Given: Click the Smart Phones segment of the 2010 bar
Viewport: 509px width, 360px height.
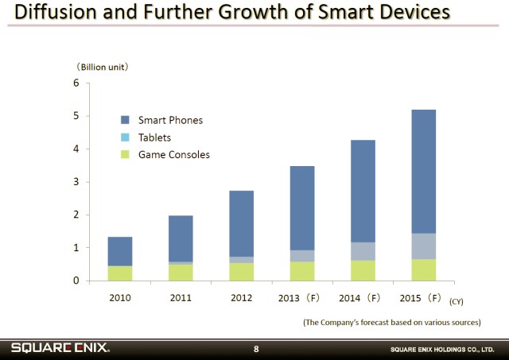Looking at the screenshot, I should point(120,251).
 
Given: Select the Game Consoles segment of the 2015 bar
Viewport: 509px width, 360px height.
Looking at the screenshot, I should point(423,269).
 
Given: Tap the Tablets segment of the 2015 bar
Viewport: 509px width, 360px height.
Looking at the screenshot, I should point(423,246).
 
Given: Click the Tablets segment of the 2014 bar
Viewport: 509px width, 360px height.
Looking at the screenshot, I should point(363,251).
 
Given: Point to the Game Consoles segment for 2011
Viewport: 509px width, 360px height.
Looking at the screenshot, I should point(181,272).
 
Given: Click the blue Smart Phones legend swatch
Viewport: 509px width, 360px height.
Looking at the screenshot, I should point(125,120).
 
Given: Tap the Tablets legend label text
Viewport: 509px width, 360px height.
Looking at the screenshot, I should point(154,137).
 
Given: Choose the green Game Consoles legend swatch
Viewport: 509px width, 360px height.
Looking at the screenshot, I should point(125,154).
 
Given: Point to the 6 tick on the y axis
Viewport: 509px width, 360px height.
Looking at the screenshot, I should point(76,83).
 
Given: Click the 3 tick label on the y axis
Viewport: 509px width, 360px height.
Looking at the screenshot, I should point(76,182).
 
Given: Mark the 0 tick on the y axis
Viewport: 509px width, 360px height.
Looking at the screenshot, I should point(76,281).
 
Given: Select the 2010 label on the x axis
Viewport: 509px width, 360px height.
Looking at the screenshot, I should point(120,298).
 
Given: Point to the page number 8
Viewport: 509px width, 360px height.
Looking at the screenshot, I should point(256,349).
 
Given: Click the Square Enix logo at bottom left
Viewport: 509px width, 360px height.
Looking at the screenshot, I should point(60,348).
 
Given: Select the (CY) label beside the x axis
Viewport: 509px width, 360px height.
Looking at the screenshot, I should point(456,301).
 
